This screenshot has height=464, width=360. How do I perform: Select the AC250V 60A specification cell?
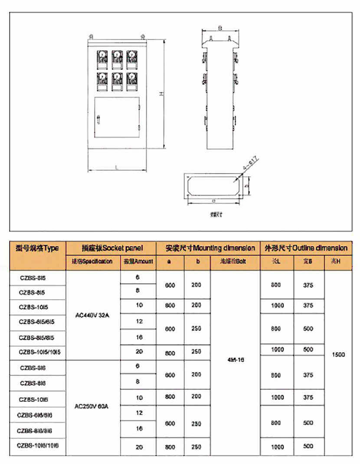point(92,406)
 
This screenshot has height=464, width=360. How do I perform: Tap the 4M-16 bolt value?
point(235,359)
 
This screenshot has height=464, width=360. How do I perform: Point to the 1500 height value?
point(338,354)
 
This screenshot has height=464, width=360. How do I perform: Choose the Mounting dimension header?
point(210,248)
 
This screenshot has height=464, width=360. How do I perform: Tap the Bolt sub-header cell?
point(235,261)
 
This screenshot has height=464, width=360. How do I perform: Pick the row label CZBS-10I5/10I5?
point(37,352)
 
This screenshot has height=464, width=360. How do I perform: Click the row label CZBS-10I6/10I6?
point(37,444)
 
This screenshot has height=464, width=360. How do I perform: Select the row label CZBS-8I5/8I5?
point(37,337)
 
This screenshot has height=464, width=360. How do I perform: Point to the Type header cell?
point(37,248)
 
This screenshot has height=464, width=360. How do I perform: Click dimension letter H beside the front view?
point(160,95)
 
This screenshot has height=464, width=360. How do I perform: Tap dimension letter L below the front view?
point(118,166)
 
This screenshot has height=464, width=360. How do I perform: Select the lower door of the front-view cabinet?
point(117,118)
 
